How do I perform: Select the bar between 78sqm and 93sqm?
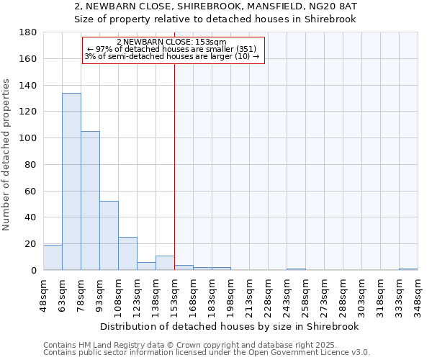(x=90, y=201)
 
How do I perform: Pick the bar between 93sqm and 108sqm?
(x=109, y=235)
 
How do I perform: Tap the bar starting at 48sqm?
(x=53, y=257)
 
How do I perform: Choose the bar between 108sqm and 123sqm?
(x=127, y=253)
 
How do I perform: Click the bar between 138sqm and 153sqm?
(x=165, y=263)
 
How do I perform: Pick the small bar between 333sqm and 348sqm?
(x=408, y=269)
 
